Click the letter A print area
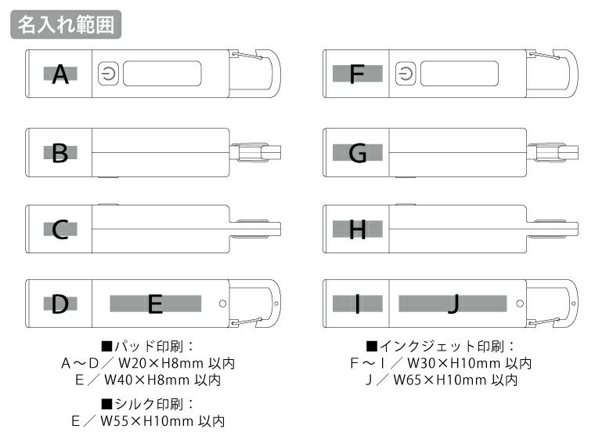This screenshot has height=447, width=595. (x=60, y=74)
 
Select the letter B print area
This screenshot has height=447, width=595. (x=60, y=153)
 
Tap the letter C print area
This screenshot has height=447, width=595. (x=60, y=229)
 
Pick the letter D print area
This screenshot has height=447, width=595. (x=60, y=303)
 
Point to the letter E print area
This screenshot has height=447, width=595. (x=155, y=303)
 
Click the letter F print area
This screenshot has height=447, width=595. (x=358, y=74)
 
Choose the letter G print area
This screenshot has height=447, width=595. (x=358, y=153)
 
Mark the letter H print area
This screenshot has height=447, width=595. (x=358, y=229)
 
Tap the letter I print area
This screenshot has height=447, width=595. (x=358, y=303)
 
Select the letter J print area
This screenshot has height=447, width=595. (x=453, y=303)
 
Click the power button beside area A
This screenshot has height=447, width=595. (x=107, y=74)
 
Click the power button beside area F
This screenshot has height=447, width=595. (x=405, y=74)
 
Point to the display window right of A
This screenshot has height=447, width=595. (x=162, y=74)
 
